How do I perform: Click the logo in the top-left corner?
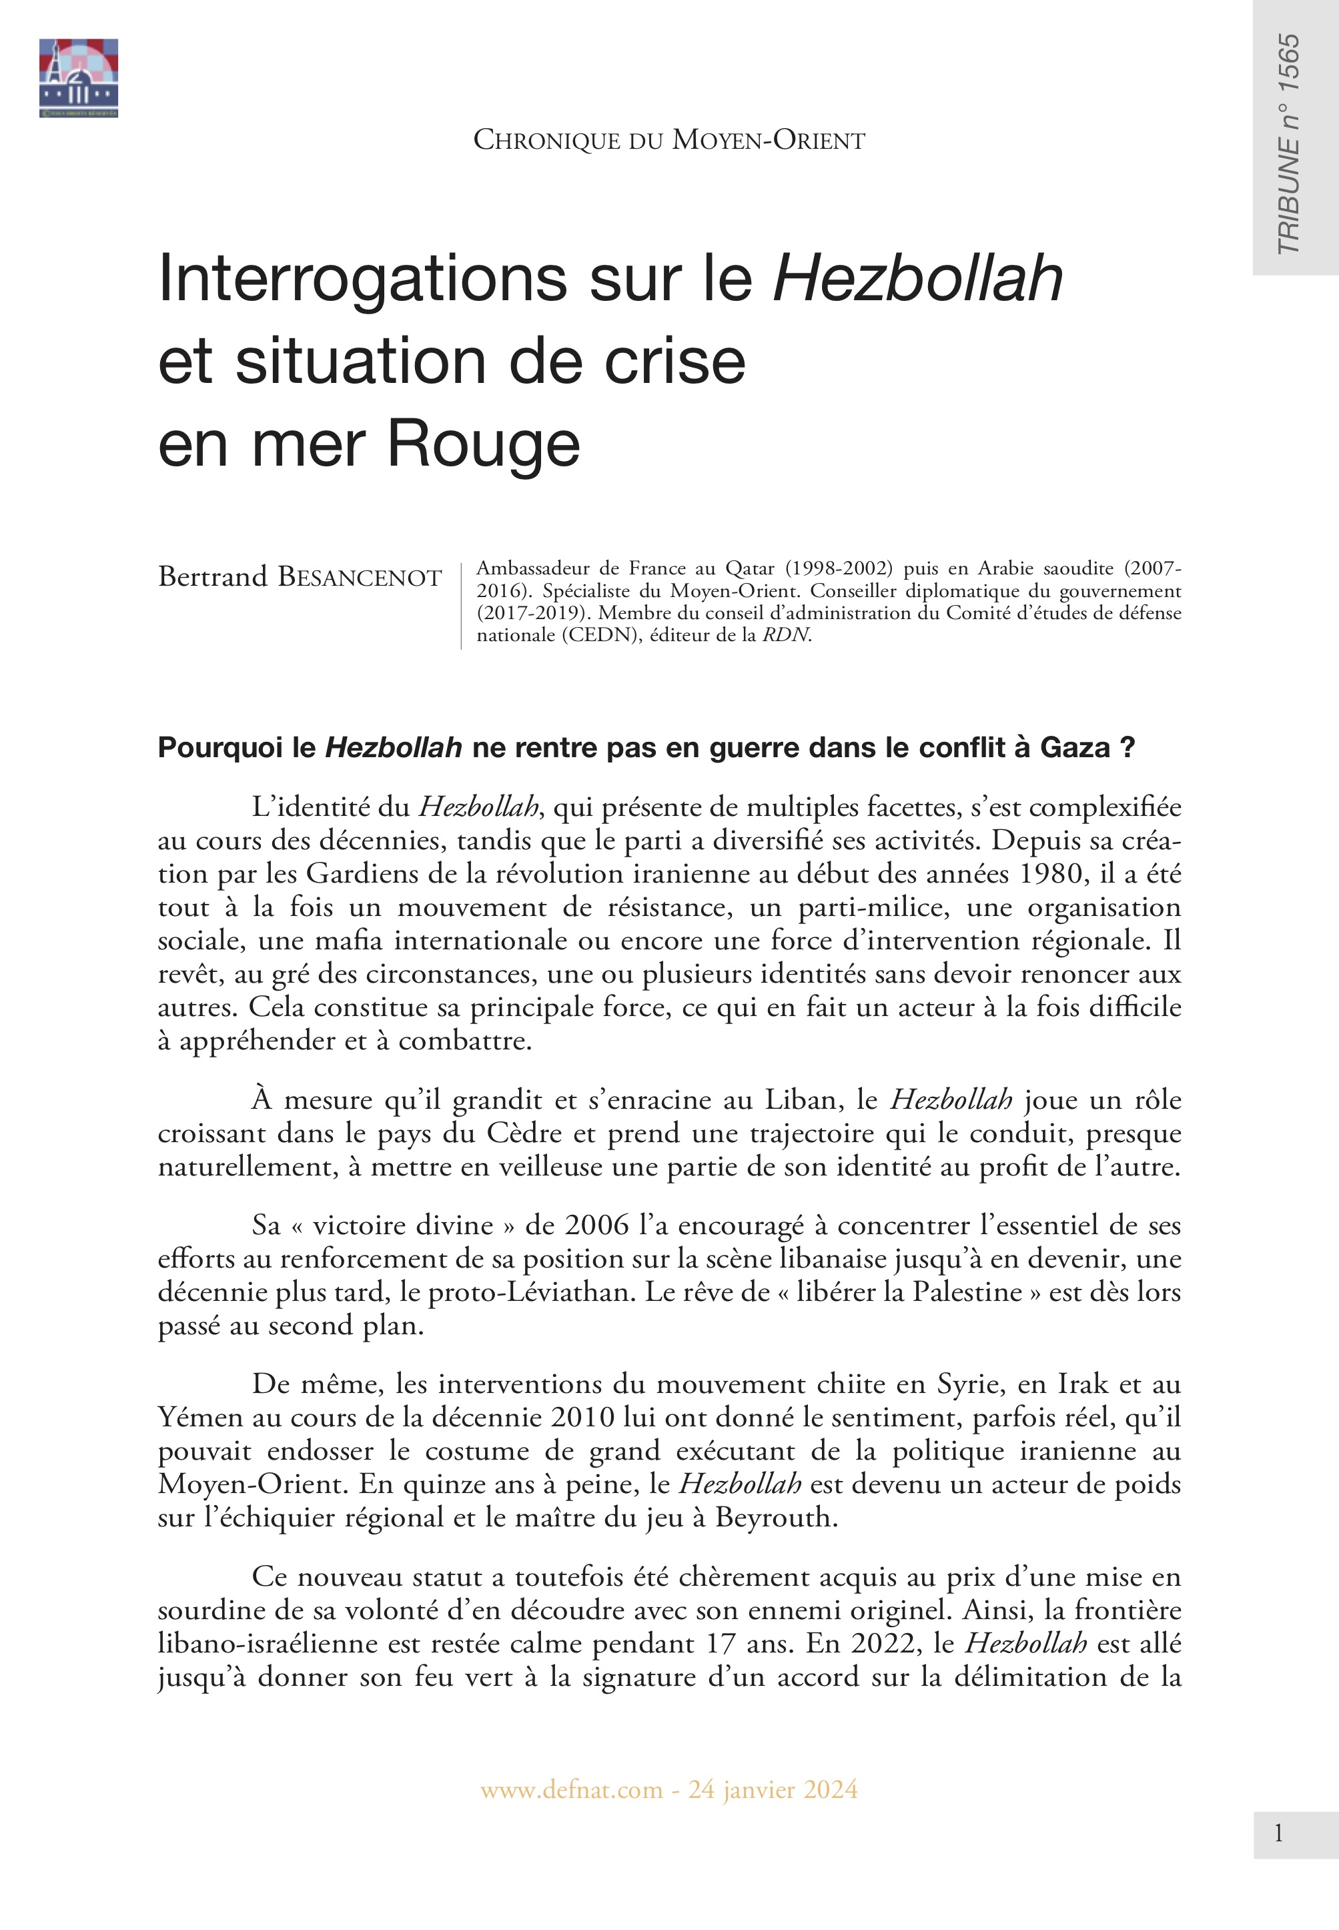coord(78,78)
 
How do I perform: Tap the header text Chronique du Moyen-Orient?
coord(668,140)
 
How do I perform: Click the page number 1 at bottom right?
coord(1278,1835)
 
